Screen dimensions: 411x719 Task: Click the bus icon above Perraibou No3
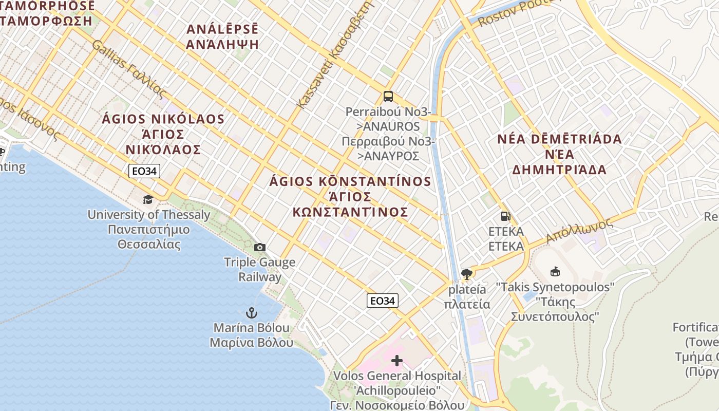click(x=388, y=97)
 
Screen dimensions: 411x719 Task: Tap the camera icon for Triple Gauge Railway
click(x=260, y=248)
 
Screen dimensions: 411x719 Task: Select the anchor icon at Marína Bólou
click(x=251, y=312)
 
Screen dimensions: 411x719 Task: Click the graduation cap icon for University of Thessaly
click(x=148, y=199)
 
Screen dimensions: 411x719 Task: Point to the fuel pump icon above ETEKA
click(x=505, y=216)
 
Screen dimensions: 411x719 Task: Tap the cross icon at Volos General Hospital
click(x=397, y=361)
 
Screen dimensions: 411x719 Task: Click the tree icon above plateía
click(x=467, y=274)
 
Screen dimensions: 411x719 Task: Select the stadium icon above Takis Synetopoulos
click(x=555, y=271)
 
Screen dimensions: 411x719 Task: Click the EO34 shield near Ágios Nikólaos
click(x=144, y=171)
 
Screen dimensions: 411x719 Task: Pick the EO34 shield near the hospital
click(x=383, y=301)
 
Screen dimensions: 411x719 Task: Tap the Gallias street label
click(x=129, y=69)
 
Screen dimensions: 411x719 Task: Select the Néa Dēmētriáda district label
click(x=560, y=154)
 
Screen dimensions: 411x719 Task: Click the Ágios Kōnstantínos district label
click(x=351, y=196)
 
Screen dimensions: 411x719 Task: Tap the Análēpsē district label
click(x=222, y=36)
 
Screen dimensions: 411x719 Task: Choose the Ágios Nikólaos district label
click(x=163, y=134)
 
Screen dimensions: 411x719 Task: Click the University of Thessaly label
click(x=149, y=229)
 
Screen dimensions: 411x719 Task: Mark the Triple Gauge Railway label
click(x=260, y=269)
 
